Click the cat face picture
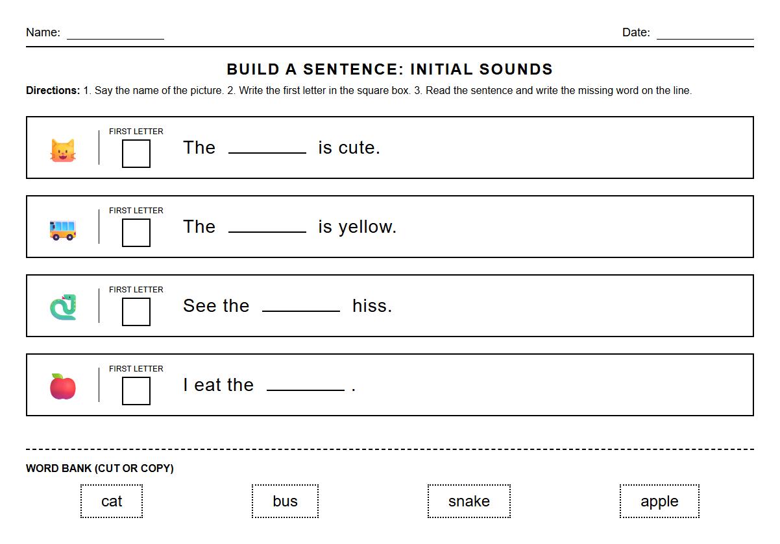63,150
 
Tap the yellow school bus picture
63,230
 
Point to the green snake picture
63,307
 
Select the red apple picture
63,386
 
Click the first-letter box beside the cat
136,154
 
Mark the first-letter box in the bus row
136,233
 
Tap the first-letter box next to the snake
136,312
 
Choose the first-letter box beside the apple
136,391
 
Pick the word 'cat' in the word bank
112,501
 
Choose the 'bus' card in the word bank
285,501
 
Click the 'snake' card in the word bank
469,501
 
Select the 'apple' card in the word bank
659,501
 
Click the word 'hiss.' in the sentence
372,306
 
